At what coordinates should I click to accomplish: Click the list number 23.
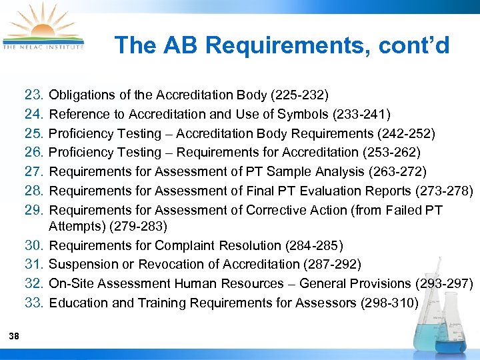coord(34,95)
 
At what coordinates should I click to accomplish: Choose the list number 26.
coord(34,153)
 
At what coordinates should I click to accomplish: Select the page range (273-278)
coord(443,191)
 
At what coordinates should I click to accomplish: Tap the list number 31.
coord(34,265)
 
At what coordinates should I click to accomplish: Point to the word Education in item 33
coord(77,303)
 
